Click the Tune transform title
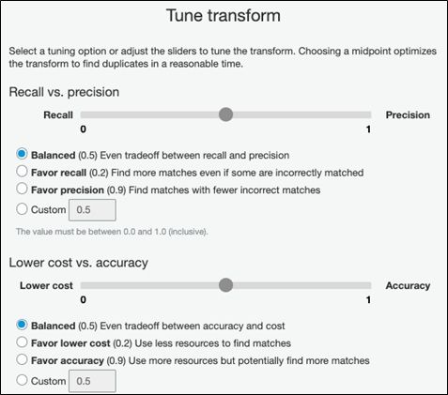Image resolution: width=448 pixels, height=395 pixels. coord(224,16)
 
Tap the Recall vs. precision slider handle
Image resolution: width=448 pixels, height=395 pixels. coord(225,114)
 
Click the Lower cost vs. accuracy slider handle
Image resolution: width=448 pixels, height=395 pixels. coord(225,285)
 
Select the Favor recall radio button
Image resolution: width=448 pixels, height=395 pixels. coord(22,172)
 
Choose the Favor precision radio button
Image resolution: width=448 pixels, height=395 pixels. coord(22,189)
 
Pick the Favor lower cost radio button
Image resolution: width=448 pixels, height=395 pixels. coord(22,342)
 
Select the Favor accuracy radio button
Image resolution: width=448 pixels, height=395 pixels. coord(22,359)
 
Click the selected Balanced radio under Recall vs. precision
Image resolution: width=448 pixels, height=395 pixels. coord(22,154)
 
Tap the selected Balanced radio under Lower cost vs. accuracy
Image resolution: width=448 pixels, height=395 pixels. coord(22,325)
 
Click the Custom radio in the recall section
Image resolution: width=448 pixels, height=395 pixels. coord(22,209)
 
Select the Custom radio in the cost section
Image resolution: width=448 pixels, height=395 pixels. coord(22,380)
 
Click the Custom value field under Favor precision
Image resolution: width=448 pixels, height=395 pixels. coord(92,210)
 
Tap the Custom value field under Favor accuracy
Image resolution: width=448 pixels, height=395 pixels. coord(92,381)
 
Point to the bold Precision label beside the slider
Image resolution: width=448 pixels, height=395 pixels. coord(408,115)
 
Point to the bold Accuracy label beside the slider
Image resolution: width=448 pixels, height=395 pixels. coord(408,285)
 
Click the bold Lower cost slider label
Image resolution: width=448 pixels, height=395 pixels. coord(46,285)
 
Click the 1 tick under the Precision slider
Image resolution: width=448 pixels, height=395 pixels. coord(368,129)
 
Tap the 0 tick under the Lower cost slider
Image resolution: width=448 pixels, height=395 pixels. coord(83,299)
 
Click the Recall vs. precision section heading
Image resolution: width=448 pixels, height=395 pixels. coord(64,92)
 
